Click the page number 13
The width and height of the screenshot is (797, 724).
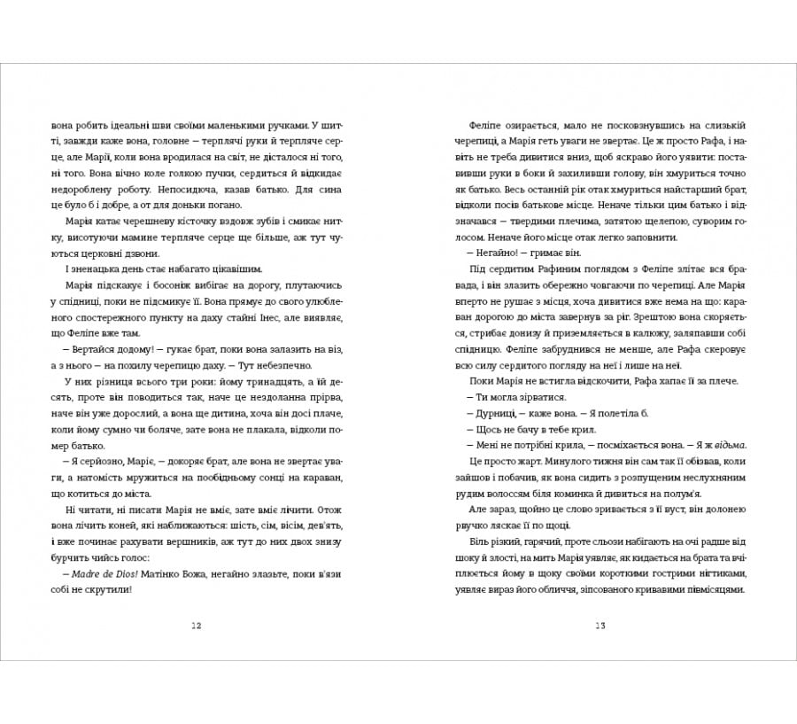click(600, 626)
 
